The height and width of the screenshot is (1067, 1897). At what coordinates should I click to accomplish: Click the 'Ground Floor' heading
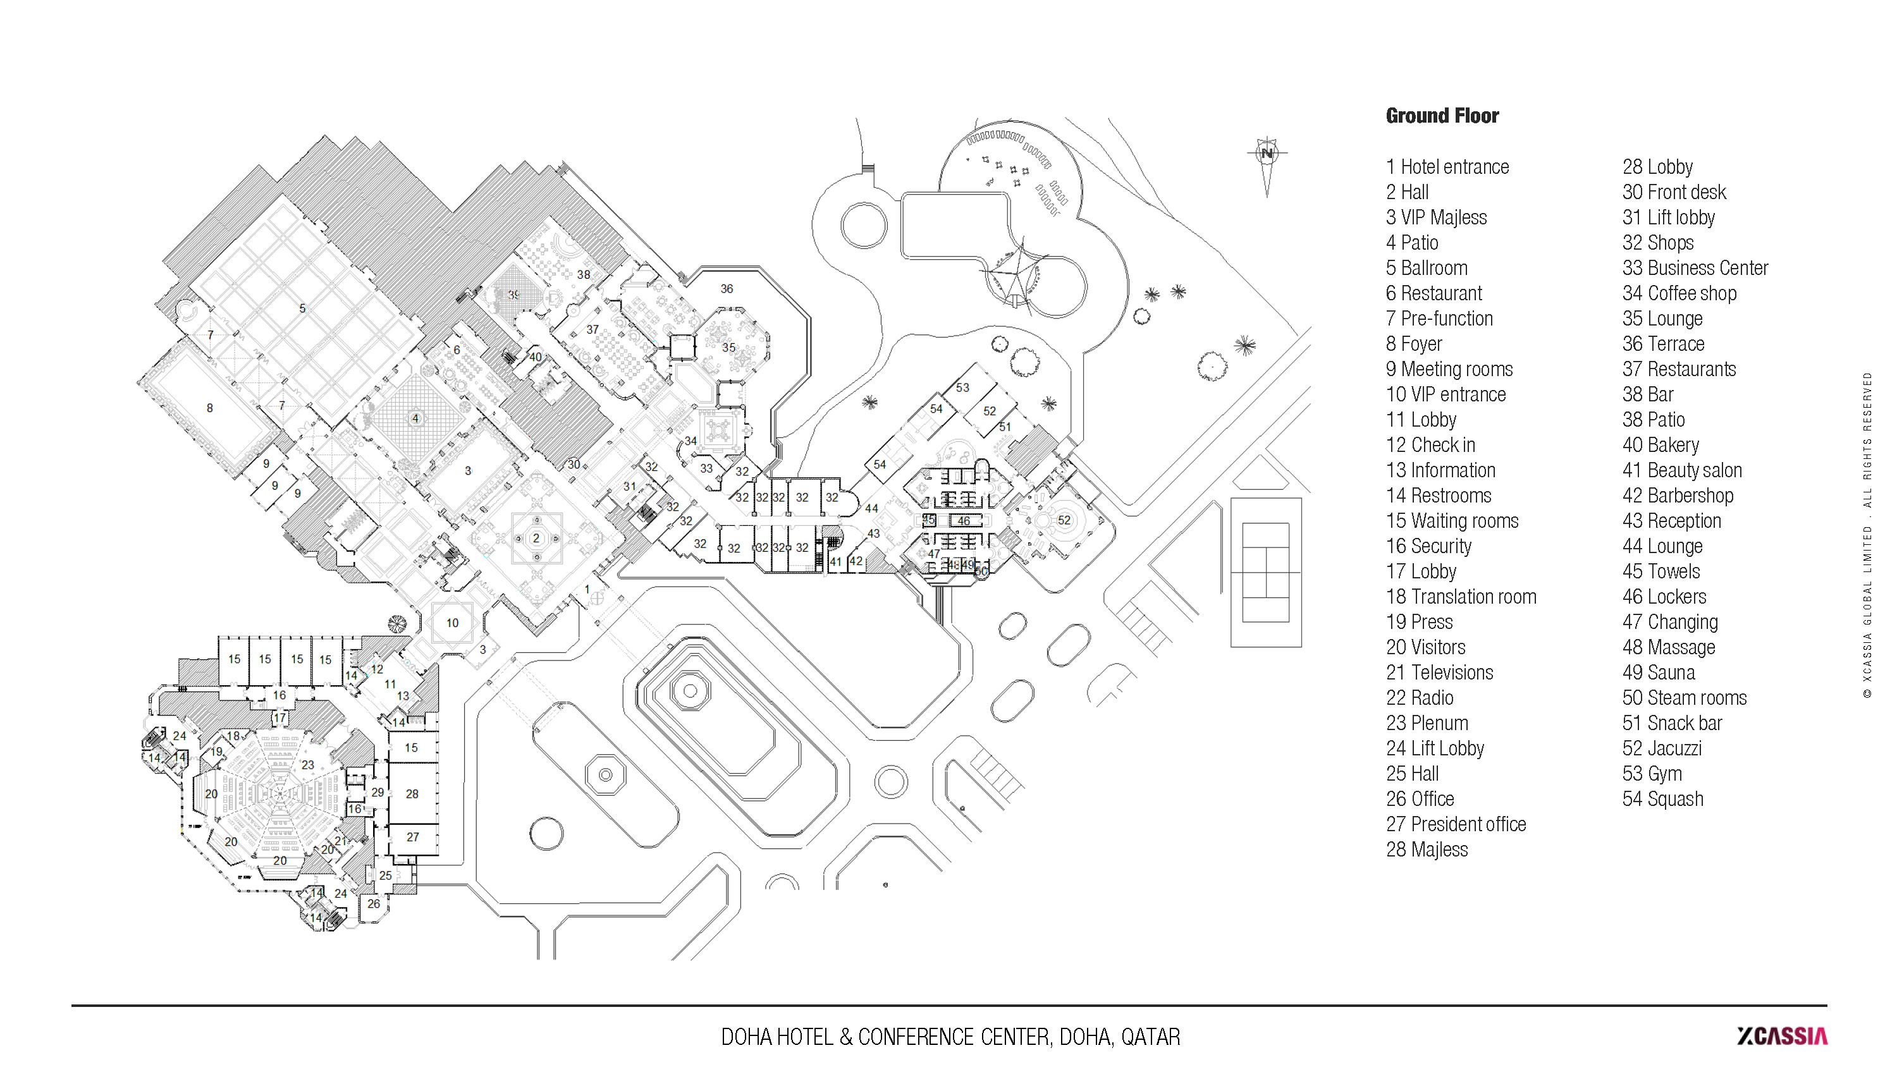coord(1442,116)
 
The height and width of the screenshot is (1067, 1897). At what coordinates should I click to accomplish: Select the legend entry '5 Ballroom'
coord(1427,268)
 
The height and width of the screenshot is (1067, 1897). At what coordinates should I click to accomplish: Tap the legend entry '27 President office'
coord(1456,824)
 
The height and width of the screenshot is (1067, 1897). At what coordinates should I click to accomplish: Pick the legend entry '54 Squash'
coord(1662,799)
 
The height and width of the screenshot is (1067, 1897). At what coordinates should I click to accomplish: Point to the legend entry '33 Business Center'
coord(1695,268)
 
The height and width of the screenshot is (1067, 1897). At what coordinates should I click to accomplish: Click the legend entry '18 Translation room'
coord(1461,597)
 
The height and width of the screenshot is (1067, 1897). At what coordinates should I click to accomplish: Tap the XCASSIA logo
coord(1781,1036)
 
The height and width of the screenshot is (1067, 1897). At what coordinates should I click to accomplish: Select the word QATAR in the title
coord(1150,1037)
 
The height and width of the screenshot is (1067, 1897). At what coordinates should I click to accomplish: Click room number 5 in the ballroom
coord(302,308)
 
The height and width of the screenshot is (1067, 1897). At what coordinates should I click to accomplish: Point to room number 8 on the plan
coord(210,408)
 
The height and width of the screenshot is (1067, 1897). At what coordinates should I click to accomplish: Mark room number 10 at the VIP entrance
coord(452,623)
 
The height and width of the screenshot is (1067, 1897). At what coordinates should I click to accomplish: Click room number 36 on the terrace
coord(727,289)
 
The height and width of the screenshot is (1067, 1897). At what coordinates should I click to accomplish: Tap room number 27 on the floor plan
coord(412,838)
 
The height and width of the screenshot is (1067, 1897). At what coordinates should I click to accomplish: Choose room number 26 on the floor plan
coord(373,903)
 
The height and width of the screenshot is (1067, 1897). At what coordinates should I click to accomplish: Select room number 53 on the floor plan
coord(962,387)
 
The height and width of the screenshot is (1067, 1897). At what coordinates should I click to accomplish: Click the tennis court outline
coord(1266,572)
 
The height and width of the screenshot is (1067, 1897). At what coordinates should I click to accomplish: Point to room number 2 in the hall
coord(536,539)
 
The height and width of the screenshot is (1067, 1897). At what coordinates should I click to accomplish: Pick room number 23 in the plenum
coord(308,765)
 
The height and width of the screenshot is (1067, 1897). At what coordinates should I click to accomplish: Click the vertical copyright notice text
coord(1867,535)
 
